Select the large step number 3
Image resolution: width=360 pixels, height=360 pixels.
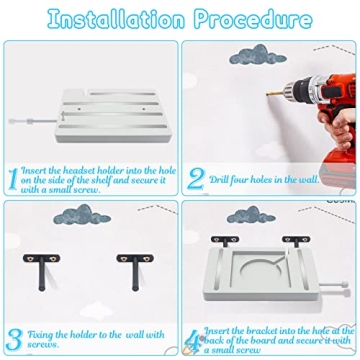(13, 337)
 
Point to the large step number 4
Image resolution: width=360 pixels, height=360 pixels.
(195, 338)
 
